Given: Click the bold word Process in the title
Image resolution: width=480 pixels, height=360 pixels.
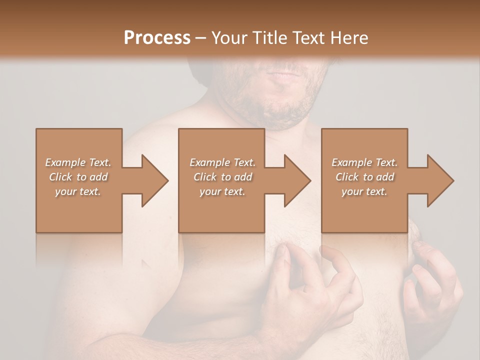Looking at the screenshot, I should (157, 38).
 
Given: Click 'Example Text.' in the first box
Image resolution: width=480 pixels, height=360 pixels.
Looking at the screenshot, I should (78, 162).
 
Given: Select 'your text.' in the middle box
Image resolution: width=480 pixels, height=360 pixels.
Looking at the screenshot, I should (222, 191).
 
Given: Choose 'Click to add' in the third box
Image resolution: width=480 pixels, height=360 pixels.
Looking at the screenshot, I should (364, 177).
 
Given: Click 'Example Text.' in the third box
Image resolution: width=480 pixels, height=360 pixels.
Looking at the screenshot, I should (364, 162).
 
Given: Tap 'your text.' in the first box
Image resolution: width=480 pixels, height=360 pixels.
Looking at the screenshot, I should (78, 191).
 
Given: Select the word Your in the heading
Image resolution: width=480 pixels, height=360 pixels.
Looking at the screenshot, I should (228, 38).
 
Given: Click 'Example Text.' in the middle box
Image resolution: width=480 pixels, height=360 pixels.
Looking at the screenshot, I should (222, 162).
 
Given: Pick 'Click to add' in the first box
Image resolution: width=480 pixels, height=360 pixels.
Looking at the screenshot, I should (78, 177).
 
